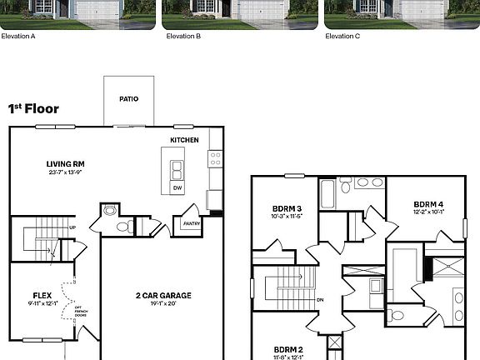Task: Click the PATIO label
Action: pos(128,98)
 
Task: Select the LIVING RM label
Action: pos(65,163)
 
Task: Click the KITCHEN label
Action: pos(184,140)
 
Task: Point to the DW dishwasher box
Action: pos(177,188)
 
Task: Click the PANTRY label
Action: pos(191,222)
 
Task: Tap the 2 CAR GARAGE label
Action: pos(163,295)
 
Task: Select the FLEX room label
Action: pos(42,295)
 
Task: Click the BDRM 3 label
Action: pos(287,208)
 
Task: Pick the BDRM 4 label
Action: pos(427,203)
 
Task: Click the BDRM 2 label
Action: pos(287,349)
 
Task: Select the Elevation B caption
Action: pos(182,37)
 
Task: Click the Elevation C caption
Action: pos(342,37)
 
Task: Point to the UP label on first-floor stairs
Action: pos(73,227)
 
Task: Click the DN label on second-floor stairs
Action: pos(320,299)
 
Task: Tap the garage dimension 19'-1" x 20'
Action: pos(163,303)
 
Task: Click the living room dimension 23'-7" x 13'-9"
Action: pos(65,172)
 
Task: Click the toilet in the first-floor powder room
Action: pos(122,226)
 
